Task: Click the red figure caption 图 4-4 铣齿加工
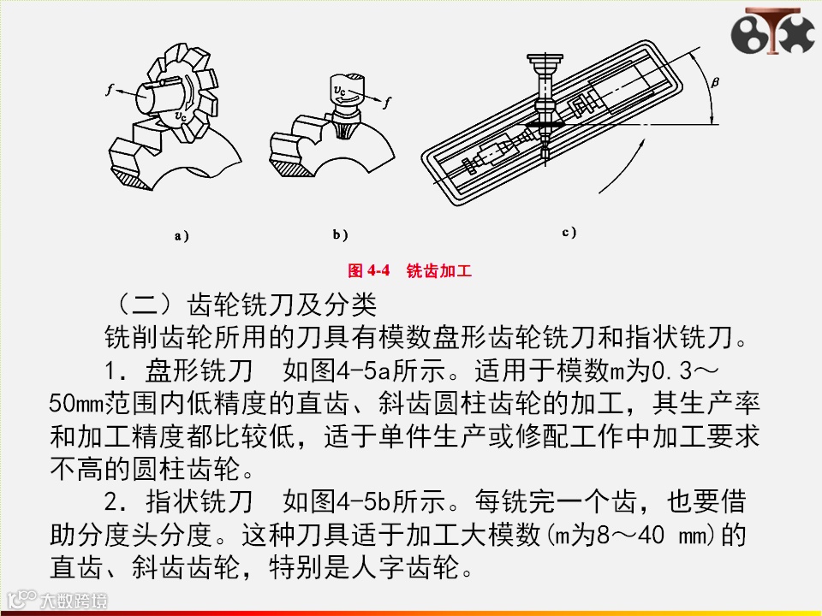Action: click(409, 270)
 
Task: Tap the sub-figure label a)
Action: click(182, 236)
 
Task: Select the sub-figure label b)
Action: click(340, 234)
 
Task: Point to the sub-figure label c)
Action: click(569, 232)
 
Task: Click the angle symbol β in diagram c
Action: click(715, 82)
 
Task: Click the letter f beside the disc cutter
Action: click(110, 90)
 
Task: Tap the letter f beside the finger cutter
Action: click(386, 102)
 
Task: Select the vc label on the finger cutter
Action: click(340, 91)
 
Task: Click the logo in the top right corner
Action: click(773, 32)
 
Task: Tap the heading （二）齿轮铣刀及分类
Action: click(246, 305)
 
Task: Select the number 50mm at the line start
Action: click(76, 403)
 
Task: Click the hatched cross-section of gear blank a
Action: click(134, 180)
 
